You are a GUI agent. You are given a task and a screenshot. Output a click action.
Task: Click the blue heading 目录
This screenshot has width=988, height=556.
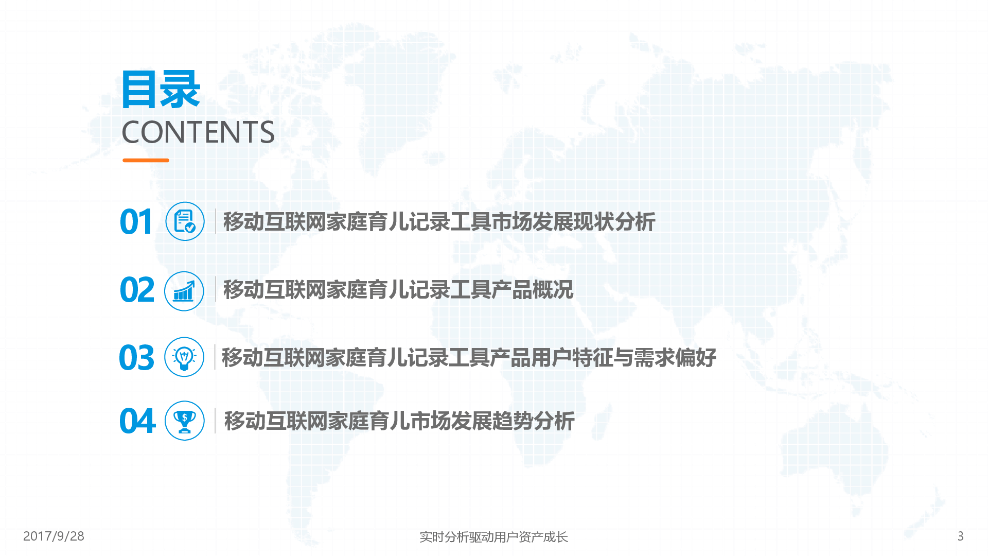coord(161,90)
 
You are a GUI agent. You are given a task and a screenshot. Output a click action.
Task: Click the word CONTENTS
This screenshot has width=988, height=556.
coord(198,132)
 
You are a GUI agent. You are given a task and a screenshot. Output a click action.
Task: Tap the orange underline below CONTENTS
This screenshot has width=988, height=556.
coord(146,160)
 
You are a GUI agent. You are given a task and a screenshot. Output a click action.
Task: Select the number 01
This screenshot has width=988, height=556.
coord(136,222)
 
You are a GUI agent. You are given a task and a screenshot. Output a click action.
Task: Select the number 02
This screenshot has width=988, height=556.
coord(137,290)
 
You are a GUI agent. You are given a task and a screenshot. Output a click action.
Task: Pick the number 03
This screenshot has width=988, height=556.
coord(136,358)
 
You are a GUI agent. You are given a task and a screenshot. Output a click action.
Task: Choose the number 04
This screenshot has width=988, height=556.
coord(137,421)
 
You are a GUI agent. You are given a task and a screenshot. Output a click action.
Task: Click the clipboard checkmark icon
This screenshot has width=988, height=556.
coord(185,221)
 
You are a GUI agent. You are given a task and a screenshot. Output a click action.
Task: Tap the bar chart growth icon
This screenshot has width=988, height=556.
coord(184,291)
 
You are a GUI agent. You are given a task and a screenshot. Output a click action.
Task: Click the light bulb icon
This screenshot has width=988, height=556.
coord(184,357)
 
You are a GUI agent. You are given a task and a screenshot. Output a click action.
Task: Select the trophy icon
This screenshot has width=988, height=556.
coord(184,421)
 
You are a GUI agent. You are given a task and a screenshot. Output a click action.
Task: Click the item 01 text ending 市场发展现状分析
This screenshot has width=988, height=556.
coord(439,222)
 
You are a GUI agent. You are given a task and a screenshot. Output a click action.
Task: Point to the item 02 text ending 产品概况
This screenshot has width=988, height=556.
coord(398,290)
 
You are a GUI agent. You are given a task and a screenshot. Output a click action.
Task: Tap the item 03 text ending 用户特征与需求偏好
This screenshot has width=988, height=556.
coord(468,358)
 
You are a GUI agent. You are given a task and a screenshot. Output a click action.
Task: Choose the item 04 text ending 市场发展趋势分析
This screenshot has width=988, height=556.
coord(399,421)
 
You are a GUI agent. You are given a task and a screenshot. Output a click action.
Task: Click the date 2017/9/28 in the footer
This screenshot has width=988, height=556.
coord(54,536)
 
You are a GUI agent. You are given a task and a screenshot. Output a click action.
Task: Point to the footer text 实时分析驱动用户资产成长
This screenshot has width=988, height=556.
coord(493,537)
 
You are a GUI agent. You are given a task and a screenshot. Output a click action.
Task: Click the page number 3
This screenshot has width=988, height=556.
coord(960,536)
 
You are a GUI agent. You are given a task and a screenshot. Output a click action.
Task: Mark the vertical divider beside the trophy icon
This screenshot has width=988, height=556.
coord(215,421)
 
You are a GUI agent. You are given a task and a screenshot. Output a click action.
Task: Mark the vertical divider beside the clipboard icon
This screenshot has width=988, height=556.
coord(215,221)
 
